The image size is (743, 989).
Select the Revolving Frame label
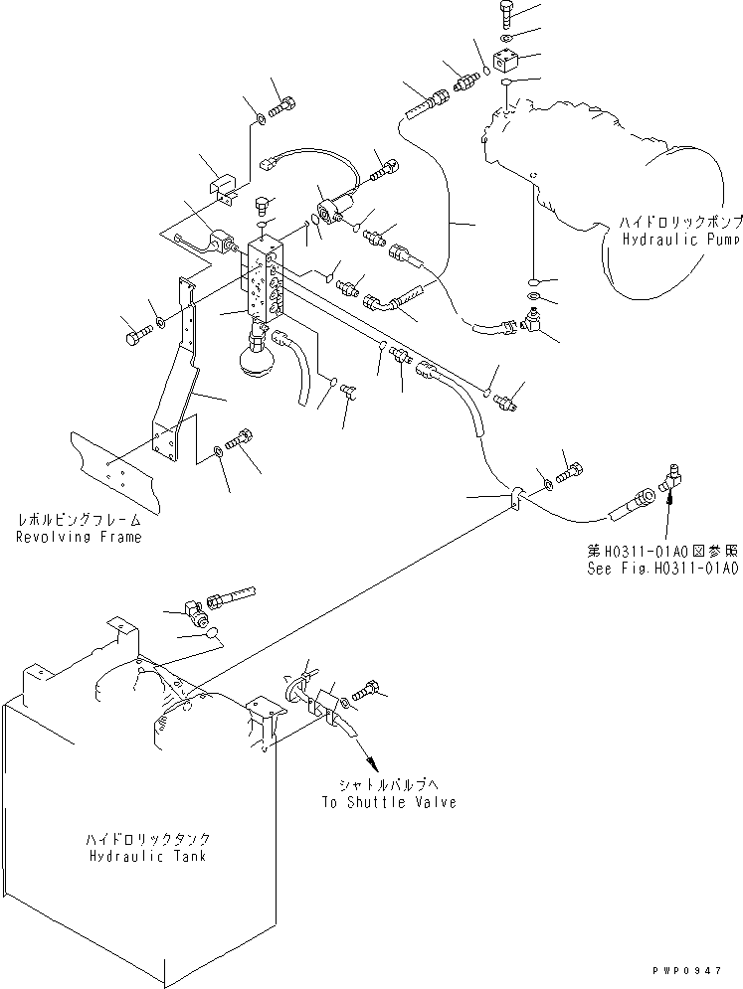[79, 537]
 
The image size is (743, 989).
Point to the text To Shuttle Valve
[388, 802]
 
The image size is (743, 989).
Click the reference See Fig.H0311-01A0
[662, 569]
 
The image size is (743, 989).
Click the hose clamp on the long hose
[518, 498]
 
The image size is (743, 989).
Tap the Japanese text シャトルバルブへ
[388, 785]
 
